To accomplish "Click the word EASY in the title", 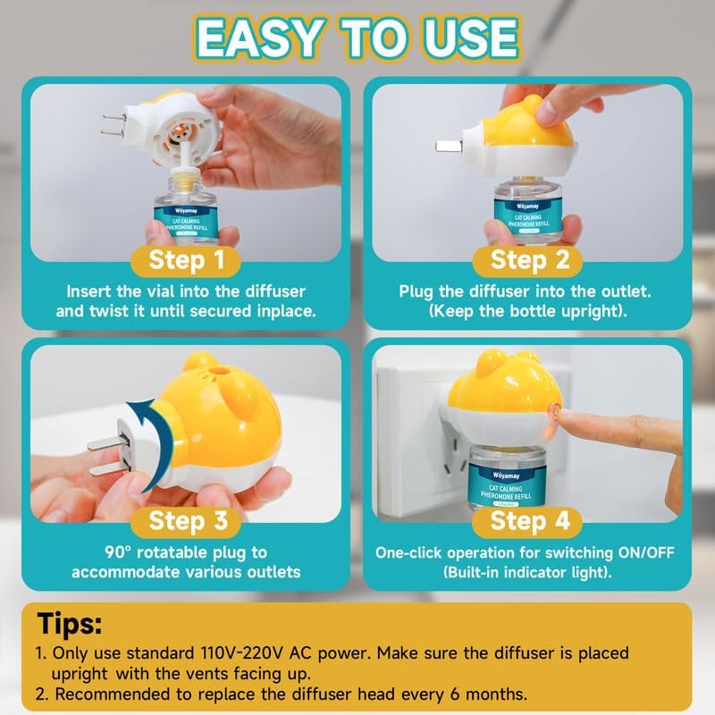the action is (x=258, y=38).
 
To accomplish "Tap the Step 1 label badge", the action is (x=186, y=261).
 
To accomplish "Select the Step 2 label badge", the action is (x=527, y=261).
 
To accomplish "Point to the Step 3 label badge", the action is (x=186, y=521).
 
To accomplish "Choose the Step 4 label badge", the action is (x=527, y=521).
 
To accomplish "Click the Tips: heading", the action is (x=70, y=624).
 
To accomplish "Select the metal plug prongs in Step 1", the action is (x=114, y=125).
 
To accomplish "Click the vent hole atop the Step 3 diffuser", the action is (x=220, y=370).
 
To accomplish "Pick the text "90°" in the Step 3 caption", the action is (x=118, y=552).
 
